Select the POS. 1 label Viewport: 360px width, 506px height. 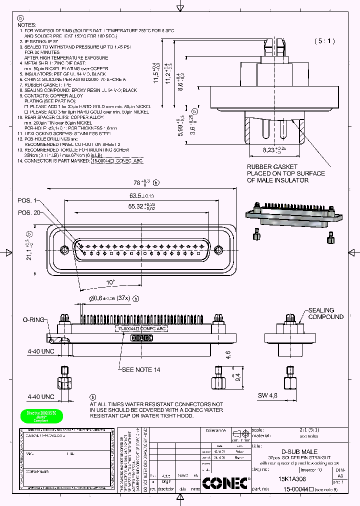(27, 200)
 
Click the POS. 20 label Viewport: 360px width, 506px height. (29, 212)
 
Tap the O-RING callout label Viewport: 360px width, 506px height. (33, 319)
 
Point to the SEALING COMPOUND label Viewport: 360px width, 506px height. (325, 313)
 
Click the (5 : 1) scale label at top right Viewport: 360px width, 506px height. (325, 41)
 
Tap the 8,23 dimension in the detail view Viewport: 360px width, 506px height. (274, 149)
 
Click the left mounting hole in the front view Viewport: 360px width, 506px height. (64, 249)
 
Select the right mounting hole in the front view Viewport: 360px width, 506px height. (217, 249)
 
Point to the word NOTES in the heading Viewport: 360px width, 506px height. (27, 24)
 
